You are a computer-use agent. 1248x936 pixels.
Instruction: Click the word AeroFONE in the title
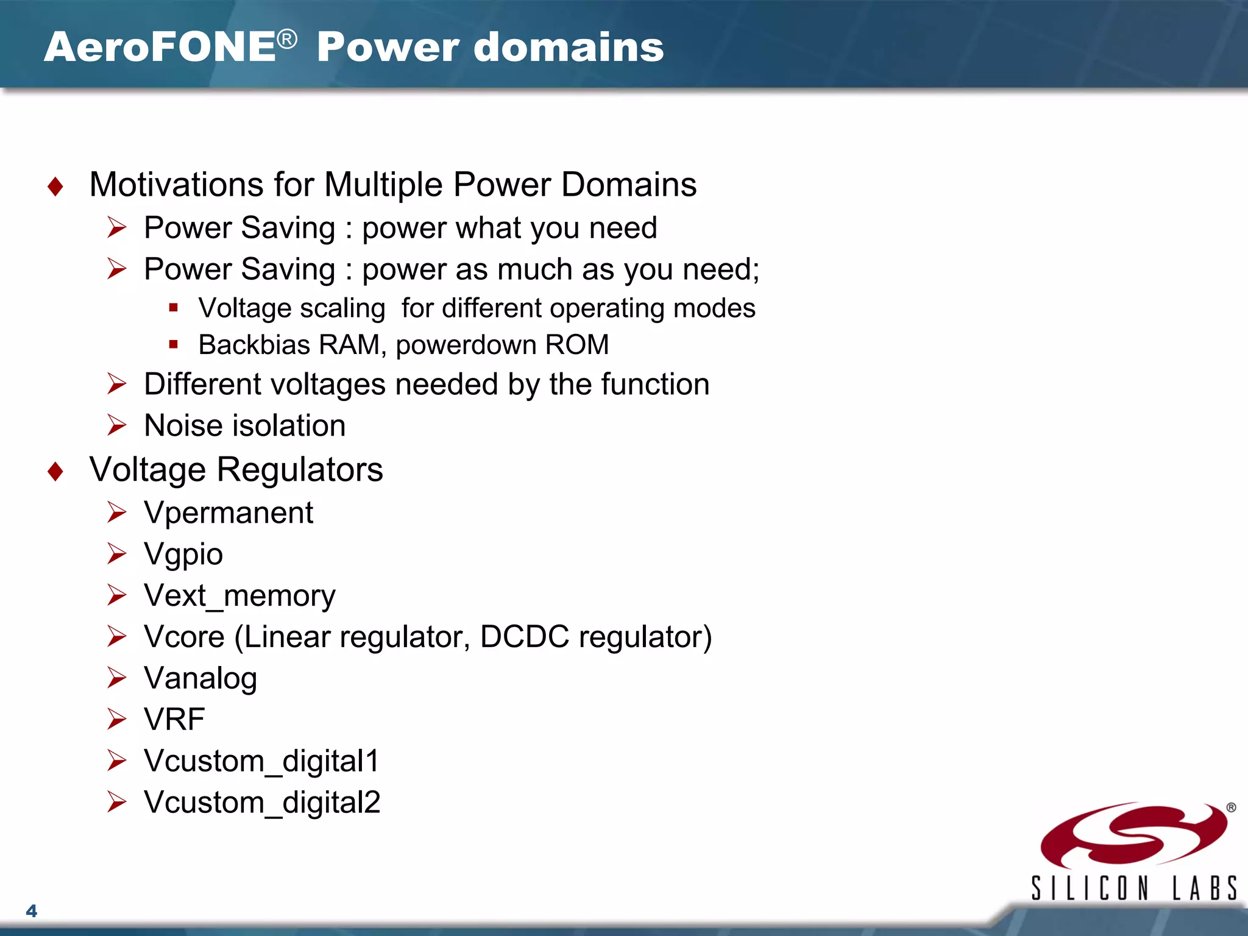160,48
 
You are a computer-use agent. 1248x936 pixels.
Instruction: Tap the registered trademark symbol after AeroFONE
287,40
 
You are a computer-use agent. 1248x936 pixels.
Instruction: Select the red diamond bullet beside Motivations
55,186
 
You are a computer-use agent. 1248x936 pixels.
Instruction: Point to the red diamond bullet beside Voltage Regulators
55,471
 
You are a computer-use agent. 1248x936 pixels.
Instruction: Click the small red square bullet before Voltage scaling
174,308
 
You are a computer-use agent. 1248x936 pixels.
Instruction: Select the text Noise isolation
244,425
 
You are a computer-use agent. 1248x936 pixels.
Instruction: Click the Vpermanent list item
228,512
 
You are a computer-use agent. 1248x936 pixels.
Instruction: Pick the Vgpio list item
183,555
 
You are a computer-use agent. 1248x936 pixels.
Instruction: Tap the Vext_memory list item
239,595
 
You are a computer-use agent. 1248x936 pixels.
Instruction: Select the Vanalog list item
200,678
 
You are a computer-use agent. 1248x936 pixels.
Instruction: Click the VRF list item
174,719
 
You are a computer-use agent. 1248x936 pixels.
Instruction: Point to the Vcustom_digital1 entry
261,761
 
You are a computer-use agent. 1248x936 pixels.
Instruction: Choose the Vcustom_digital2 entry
261,803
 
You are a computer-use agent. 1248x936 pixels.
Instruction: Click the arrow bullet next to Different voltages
116,384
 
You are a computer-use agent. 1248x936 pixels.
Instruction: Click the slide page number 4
32,911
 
